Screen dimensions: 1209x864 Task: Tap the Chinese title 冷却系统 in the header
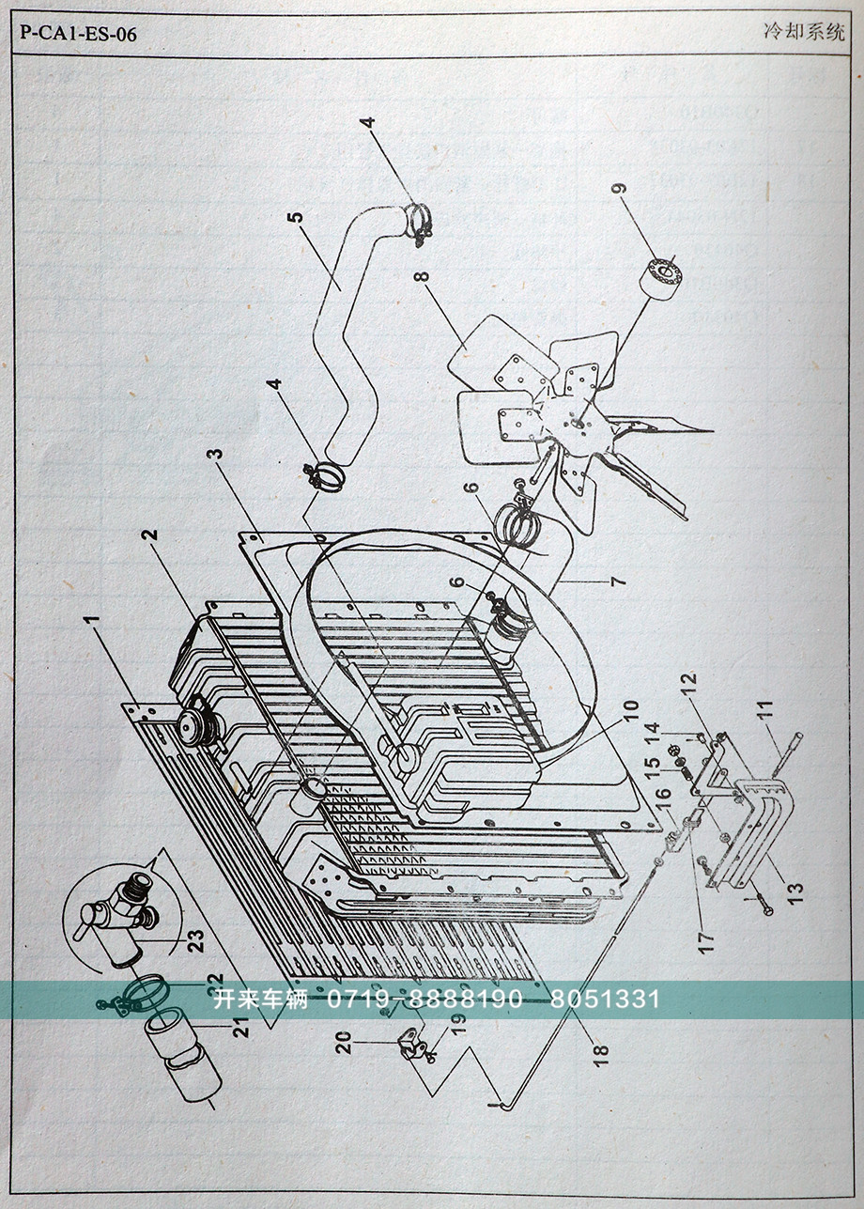(x=804, y=32)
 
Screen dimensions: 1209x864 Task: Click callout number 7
(x=617, y=582)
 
